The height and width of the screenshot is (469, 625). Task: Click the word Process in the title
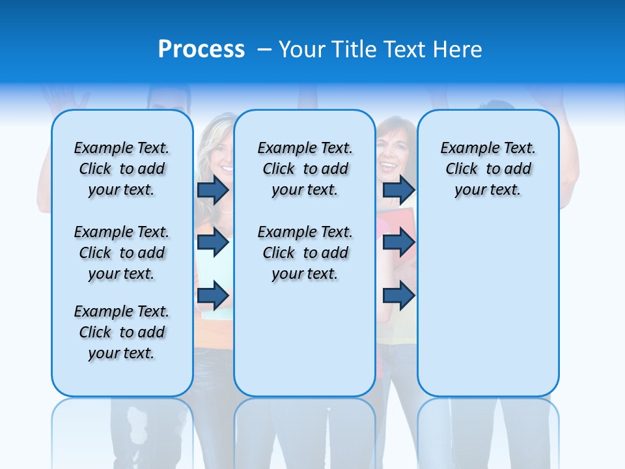(201, 50)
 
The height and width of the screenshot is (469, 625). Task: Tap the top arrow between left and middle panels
(213, 190)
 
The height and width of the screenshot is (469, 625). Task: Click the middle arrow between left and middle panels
(213, 242)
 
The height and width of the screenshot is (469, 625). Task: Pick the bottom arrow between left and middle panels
(213, 295)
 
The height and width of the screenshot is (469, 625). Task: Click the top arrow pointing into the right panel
(398, 190)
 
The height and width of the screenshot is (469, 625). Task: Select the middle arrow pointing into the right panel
(398, 242)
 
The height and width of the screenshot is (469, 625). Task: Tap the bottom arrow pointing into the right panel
(398, 295)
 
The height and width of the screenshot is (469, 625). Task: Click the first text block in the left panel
(122, 169)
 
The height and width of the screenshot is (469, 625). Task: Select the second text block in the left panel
(122, 253)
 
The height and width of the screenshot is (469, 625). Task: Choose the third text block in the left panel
(122, 332)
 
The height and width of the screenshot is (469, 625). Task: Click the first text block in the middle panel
(305, 169)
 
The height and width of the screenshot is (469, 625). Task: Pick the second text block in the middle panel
(305, 253)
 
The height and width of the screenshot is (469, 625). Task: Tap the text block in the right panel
(488, 169)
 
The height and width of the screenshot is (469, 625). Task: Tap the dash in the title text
(265, 50)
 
